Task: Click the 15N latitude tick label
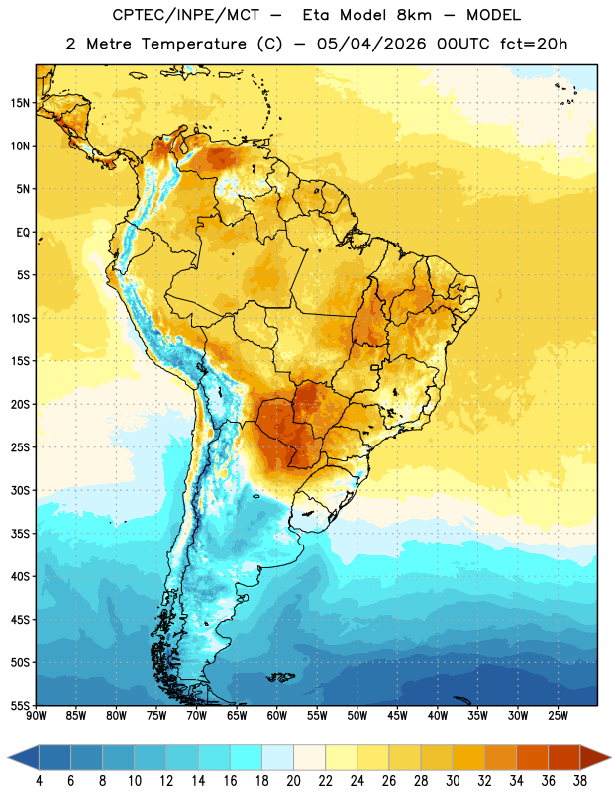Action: [x=20, y=103]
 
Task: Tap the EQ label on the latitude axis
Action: [x=23, y=233]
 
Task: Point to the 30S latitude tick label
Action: [x=20, y=490]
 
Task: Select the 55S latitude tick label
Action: [x=20, y=706]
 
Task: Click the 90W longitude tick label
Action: [x=36, y=716]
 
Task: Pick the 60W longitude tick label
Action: [x=277, y=716]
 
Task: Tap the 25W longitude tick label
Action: [x=558, y=716]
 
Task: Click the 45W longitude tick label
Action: [x=397, y=716]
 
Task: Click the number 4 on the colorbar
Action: [x=39, y=781]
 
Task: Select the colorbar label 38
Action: [x=580, y=781]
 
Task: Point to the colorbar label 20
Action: [x=293, y=781]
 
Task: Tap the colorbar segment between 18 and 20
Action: [x=278, y=758]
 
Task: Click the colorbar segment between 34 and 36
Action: [x=532, y=758]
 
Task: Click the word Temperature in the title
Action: [x=193, y=44]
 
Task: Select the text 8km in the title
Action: [x=414, y=15]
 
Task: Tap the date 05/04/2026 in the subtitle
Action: [x=371, y=44]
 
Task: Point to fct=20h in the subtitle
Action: [x=534, y=44]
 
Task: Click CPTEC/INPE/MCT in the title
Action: [x=186, y=15]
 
